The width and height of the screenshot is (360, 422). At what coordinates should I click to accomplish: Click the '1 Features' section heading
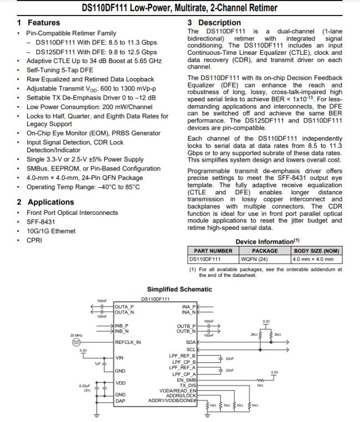point(38,23)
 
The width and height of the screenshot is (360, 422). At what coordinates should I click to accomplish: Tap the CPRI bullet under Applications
point(34,240)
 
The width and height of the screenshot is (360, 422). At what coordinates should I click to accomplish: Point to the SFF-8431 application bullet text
point(40,222)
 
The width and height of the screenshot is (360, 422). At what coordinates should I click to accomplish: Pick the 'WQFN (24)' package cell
point(255,258)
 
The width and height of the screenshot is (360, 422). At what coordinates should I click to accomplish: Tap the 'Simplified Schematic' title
point(179,289)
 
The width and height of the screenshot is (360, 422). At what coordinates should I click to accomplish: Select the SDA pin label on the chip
point(190,343)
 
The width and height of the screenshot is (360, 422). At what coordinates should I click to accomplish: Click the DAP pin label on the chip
point(120,400)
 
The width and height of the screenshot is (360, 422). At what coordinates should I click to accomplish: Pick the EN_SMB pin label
point(186,379)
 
